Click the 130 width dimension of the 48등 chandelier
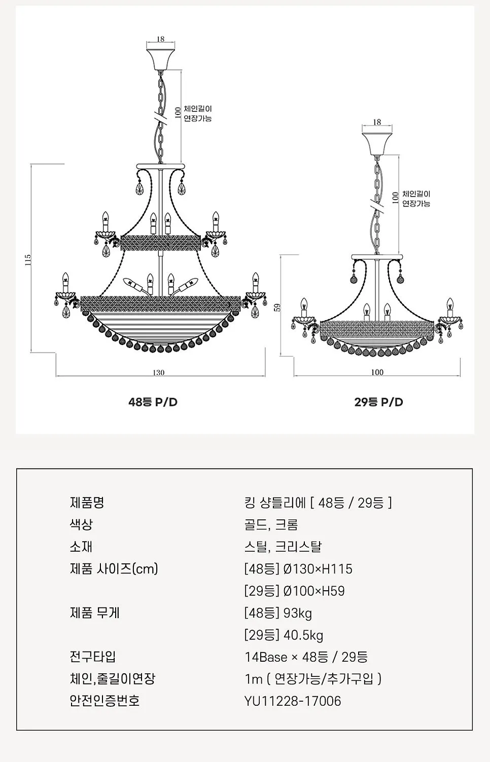159,372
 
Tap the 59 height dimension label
277,308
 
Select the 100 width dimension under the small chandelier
377,372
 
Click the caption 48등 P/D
153,402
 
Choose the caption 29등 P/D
378,402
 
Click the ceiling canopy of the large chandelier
161,60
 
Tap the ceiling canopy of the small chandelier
377,144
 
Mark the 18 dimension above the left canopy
160,39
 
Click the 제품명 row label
87,503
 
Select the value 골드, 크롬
271,524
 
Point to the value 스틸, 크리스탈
283,547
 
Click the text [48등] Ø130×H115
298,569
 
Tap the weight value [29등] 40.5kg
284,635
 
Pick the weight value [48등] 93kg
278,613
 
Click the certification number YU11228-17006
293,701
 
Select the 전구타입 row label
93,657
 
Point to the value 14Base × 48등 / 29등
306,657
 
